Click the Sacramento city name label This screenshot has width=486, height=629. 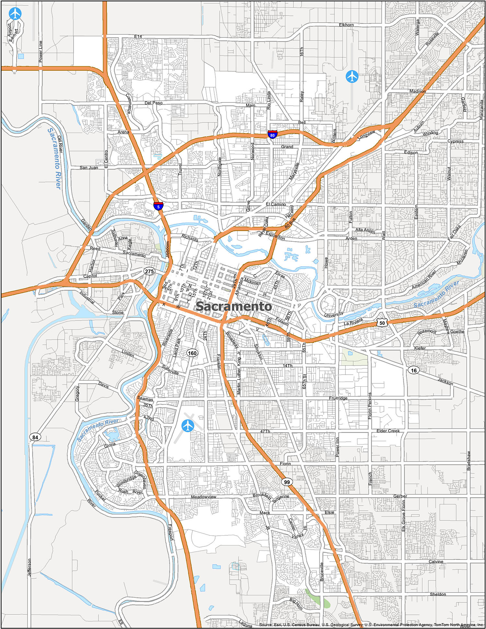234,306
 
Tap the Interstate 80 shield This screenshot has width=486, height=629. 272,134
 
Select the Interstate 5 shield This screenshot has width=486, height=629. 158,206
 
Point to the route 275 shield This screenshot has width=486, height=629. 149,271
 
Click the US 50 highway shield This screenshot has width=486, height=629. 382,323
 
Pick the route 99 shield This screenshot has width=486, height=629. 287,482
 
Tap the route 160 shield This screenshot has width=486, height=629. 192,353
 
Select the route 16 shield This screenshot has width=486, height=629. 414,370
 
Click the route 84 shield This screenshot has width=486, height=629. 35,437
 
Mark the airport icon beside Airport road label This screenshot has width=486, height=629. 15,14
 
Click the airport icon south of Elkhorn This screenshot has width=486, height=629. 352,76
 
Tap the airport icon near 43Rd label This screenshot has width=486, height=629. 188,425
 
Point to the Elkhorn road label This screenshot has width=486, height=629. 346,25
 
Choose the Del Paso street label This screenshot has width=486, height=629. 154,103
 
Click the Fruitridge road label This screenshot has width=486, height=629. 338,398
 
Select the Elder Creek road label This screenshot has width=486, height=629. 388,431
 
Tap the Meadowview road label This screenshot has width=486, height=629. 203,497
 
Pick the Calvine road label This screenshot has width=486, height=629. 436,562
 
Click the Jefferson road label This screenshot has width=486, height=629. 29,567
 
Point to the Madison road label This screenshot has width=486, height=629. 417,91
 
